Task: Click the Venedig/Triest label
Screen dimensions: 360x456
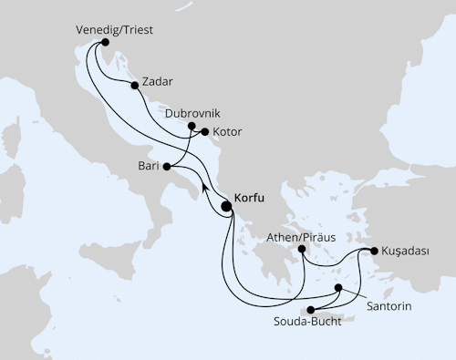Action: coord(113,29)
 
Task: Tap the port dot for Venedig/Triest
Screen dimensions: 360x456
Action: coord(106,42)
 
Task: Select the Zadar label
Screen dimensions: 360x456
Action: coord(156,81)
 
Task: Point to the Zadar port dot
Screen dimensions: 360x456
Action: coord(135,86)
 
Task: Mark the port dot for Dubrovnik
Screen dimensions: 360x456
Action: coord(192,127)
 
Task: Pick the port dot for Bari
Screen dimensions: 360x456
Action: coord(166,168)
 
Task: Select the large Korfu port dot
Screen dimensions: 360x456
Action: coord(226,207)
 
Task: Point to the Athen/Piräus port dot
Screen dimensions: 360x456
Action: coord(301,248)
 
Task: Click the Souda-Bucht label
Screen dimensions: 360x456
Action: coord(306,323)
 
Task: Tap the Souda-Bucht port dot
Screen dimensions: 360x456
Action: coord(313,310)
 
